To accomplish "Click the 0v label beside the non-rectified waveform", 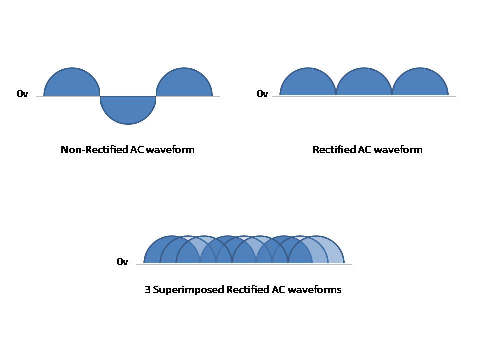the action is tap(22, 93).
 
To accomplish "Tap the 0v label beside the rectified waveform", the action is tap(262, 93).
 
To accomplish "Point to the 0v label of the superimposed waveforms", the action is tap(122, 261).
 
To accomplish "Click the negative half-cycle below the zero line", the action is tap(128, 108).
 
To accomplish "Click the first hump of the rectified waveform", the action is tap(308, 82).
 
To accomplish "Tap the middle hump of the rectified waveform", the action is tap(364, 82).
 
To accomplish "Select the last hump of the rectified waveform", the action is tap(420, 82).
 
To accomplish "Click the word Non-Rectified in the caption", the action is tap(94, 150).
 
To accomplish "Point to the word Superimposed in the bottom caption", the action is tap(188, 290).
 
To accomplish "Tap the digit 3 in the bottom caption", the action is tap(147, 290).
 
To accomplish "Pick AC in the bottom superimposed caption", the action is tap(278, 290).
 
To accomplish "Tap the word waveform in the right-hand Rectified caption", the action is tap(398, 150).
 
